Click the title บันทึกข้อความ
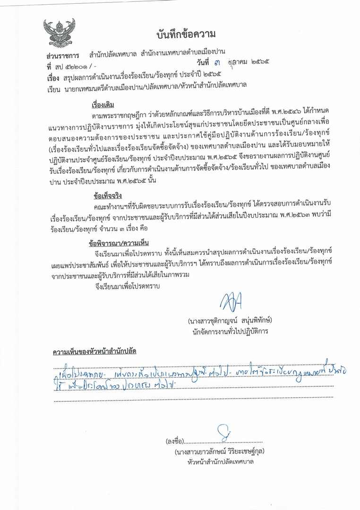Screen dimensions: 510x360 pos(187,34)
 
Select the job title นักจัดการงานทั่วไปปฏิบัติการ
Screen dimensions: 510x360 pos(230,331)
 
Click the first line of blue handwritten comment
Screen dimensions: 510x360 pos(198,373)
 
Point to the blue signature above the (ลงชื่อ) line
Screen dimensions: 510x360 pos(222,433)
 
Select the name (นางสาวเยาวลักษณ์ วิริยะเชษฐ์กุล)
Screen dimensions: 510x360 pos(219,451)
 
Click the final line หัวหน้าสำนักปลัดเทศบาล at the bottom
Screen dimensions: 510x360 pos(219,461)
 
